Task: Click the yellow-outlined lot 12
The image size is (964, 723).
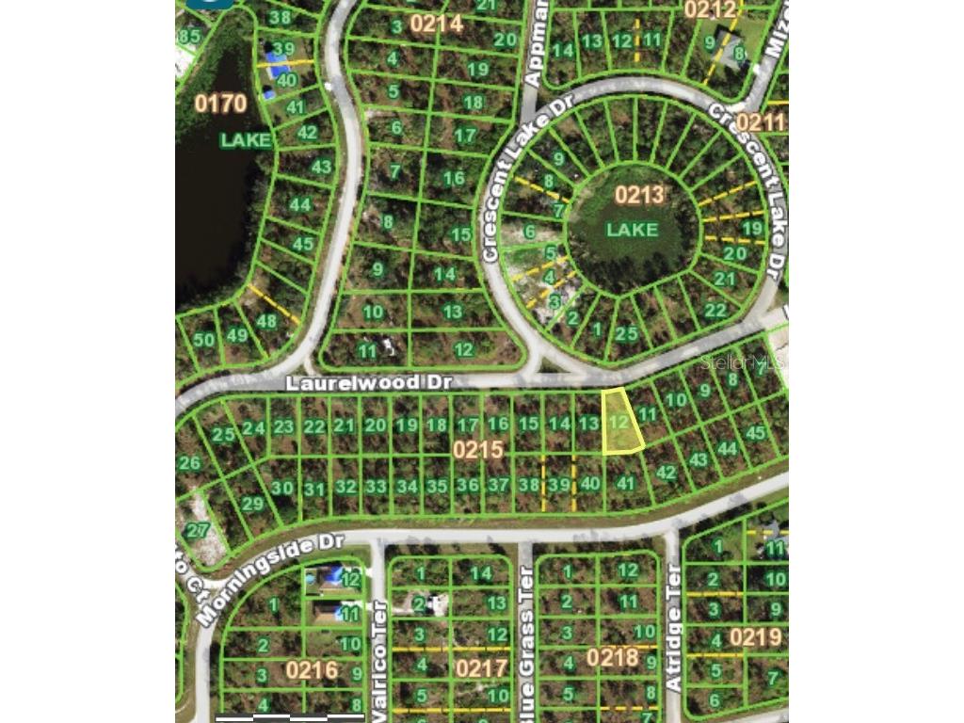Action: click(x=620, y=423)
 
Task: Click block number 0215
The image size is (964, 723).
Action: click(x=477, y=450)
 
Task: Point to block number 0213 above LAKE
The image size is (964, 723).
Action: click(x=639, y=195)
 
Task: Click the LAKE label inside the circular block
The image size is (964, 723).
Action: click(x=632, y=229)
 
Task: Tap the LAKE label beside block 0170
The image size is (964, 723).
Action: click(x=246, y=140)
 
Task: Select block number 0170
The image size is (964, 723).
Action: click(x=220, y=103)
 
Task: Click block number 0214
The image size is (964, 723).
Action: click(x=436, y=24)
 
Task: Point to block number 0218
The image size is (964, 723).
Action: click(x=613, y=656)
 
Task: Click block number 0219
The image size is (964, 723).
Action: click(x=755, y=637)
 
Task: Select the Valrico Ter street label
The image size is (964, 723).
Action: click(x=379, y=659)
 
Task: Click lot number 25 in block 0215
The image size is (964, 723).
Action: click(x=223, y=435)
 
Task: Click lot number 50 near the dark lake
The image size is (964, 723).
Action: click(x=203, y=339)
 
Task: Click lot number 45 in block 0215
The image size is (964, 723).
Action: click(x=755, y=433)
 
